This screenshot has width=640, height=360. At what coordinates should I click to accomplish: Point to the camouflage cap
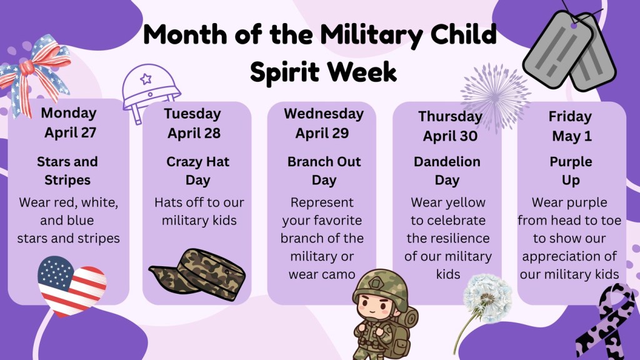(x=198, y=274)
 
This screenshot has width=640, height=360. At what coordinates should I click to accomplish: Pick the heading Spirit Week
(x=323, y=72)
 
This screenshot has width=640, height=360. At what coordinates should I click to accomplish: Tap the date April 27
(x=70, y=132)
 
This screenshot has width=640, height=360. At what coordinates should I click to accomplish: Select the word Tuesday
(x=192, y=114)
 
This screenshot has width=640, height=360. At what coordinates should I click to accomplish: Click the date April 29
(x=322, y=133)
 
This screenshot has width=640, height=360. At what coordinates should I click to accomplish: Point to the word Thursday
(x=450, y=117)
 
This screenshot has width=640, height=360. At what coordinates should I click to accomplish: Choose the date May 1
(x=572, y=136)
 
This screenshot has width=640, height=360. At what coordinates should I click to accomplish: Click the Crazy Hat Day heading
(x=197, y=171)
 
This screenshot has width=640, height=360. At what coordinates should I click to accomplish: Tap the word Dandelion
(x=447, y=162)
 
